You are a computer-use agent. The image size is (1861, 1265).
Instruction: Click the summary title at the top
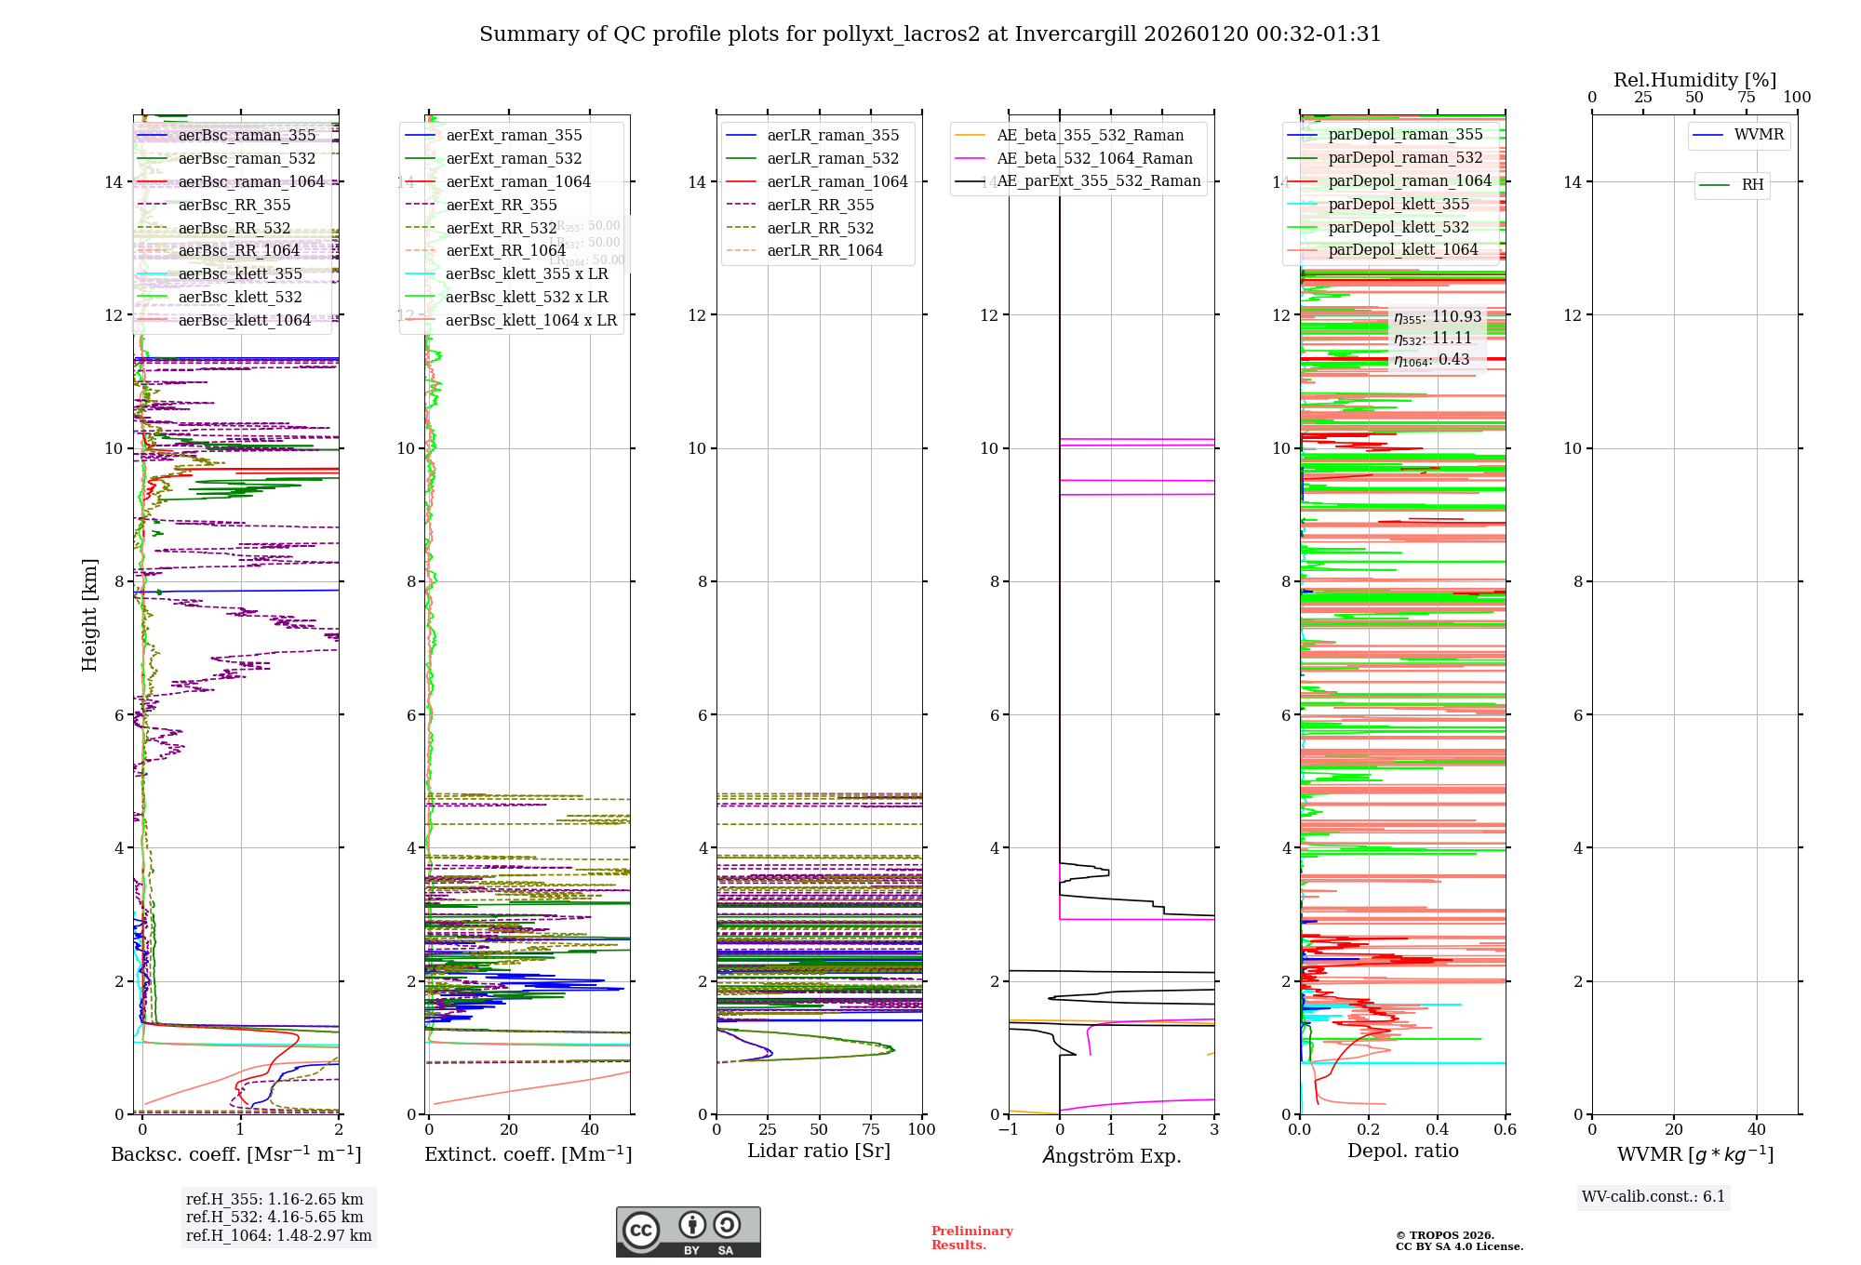click(x=930, y=34)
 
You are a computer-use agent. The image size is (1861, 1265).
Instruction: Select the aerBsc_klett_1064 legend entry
click(x=244, y=320)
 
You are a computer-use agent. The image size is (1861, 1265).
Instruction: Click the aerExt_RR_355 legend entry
click(x=501, y=205)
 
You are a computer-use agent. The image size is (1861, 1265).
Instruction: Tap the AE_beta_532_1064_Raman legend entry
click(x=1094, y=158)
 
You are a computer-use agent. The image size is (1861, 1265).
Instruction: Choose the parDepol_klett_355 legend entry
click(x=1398, y=204)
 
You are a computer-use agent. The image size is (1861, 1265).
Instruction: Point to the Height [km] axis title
click(x=89, y=614)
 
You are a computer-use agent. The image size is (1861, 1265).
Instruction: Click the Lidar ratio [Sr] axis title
click(x=819, y=1151)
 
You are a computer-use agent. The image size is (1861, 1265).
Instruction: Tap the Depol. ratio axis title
click(x=1402, y=1151)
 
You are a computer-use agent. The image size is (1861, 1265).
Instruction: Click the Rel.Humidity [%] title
click(x=1694, y=80)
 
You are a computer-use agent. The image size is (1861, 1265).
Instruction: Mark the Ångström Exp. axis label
click(x=1111, y=1155)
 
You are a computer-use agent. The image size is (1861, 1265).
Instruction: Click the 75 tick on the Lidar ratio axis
click(x=871, y=1129)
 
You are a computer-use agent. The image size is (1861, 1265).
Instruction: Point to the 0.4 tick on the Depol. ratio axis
click(x=1437, y=1129)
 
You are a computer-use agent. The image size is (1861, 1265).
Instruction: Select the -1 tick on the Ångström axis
click(x=1008, y=1129)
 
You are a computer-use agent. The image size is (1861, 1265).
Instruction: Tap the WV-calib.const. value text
click(x=1653, y=1196)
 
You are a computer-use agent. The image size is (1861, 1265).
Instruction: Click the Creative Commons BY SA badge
click(x=688, y=1232)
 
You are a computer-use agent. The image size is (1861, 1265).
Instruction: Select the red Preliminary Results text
click(x=971, y=1237)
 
